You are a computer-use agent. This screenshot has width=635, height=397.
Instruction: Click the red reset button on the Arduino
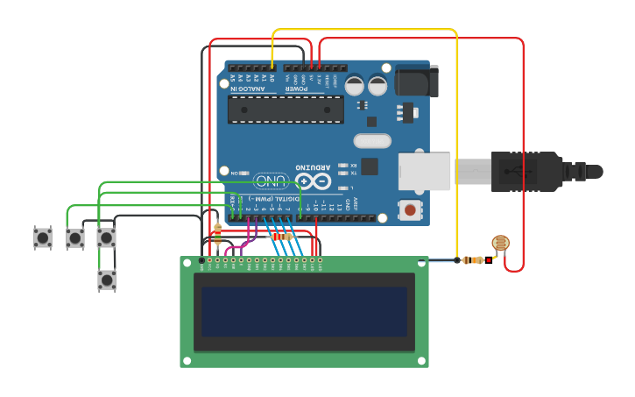pos(409,209)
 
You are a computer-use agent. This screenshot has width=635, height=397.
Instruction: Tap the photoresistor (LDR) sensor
pos(500,243)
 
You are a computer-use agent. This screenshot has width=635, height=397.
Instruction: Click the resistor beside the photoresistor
pos(473,259)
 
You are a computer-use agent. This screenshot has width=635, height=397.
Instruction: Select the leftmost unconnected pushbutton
pos(43,237)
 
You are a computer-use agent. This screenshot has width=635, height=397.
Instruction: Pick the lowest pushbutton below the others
pos(106,280)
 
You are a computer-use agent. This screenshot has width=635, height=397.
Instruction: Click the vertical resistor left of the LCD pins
pos(217,234)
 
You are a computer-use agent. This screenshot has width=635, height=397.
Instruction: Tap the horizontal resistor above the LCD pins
pos(282,237)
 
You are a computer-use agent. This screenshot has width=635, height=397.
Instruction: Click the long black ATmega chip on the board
pos(286,109)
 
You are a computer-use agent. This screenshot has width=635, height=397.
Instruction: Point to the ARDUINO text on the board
pos(313,167)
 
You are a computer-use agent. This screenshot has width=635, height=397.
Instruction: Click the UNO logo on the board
pos(272,181)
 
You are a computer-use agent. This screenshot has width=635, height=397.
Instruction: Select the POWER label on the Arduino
pos(297,89)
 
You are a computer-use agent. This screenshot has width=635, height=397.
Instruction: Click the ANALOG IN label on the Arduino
pos(247,89)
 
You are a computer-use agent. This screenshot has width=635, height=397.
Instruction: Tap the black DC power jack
pos(416,80)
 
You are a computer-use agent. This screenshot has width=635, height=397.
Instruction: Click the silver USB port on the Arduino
pos(424,172)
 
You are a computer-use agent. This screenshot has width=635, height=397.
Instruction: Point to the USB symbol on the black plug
pos(526,171)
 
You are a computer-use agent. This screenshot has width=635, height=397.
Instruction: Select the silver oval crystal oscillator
pos(372,141)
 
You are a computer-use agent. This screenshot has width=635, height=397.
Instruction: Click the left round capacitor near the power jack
pos(354,86)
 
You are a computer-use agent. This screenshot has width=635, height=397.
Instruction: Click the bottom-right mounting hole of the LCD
pos(421,360)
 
